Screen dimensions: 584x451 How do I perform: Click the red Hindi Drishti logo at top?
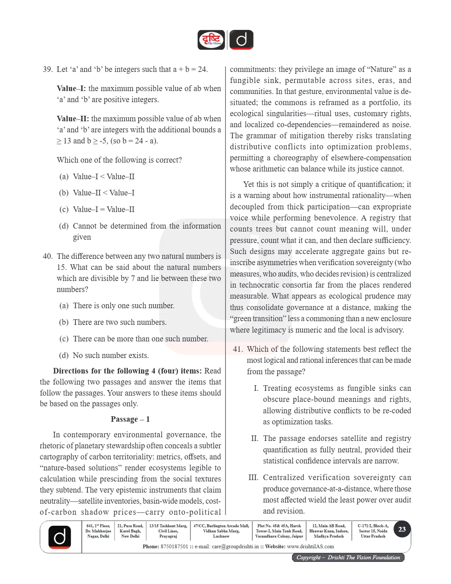(211, 40)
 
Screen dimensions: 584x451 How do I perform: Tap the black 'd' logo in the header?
(241, 39)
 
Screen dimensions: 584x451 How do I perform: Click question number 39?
(48, 69)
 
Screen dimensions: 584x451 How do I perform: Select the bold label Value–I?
(71, 88)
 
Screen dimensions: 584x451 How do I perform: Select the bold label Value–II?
(73, 119)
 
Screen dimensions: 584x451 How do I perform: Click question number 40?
(48, 256)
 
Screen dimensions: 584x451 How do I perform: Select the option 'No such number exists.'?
(111, 355)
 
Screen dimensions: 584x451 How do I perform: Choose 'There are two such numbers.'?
(119, 322)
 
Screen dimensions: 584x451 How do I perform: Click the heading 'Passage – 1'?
(130, 419)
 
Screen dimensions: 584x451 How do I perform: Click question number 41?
(238, 349)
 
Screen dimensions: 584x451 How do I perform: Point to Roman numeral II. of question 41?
(255, 438)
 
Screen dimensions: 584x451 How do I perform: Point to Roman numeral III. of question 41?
(254, 477)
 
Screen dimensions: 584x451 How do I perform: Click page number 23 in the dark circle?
(402, 529)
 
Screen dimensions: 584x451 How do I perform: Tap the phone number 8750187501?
(174, 546)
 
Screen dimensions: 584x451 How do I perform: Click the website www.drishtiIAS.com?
(310, 546)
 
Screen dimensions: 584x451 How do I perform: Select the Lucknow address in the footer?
(221, 531)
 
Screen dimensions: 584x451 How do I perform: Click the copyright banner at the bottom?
(348, 557)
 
